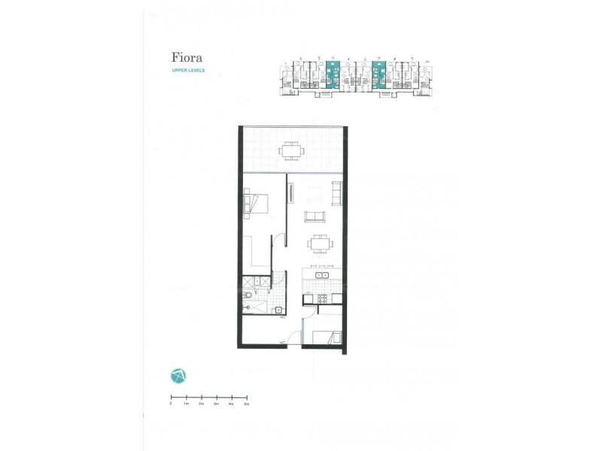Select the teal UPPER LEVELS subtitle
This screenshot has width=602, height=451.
[x=188, y=71]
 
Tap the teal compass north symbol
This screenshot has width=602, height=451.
[x=178, y=375]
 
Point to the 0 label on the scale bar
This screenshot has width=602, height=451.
[x=171, y=404]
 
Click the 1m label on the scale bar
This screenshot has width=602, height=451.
[x=186, y=404]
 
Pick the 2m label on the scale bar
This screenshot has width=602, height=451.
[x=201, y=404]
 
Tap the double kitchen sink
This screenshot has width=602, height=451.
[x=324, y=276]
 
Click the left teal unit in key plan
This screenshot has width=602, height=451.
[x=332, y=75]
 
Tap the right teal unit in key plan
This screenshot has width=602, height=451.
[x=379, y=75]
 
